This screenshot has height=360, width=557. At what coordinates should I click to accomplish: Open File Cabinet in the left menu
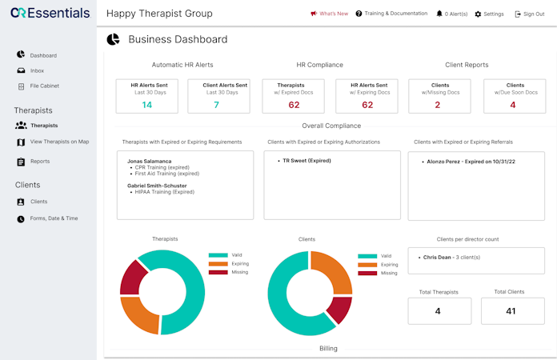[44, 86]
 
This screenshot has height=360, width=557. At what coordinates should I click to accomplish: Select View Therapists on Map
[59, 142]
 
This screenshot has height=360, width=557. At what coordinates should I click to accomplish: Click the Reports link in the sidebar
[40, 162]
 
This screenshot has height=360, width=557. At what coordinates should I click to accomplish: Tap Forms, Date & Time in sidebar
[54, 218]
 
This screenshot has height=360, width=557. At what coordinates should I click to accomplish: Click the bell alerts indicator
[452, 14]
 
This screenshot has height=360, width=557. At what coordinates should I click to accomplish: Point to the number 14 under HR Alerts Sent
[146, 105]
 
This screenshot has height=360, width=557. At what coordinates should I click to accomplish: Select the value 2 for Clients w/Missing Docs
[438, 105]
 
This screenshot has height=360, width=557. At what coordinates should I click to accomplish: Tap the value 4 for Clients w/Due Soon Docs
[513, 105]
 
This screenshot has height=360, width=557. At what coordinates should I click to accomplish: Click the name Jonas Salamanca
[154, 161]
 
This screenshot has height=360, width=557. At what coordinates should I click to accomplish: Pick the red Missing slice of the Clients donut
[340, 310]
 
